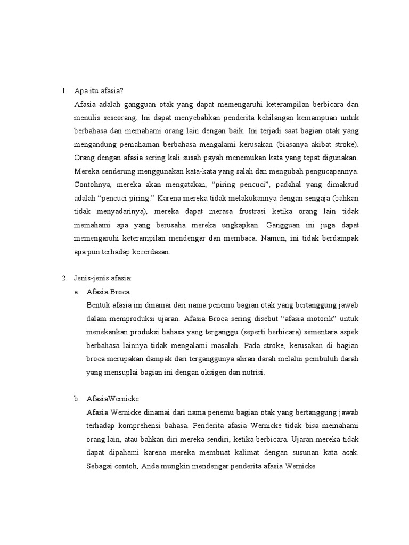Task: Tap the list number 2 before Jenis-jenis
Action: tap(64, 278)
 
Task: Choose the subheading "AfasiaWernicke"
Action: tap(113, 398)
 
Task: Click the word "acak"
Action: tap(350, 453)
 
